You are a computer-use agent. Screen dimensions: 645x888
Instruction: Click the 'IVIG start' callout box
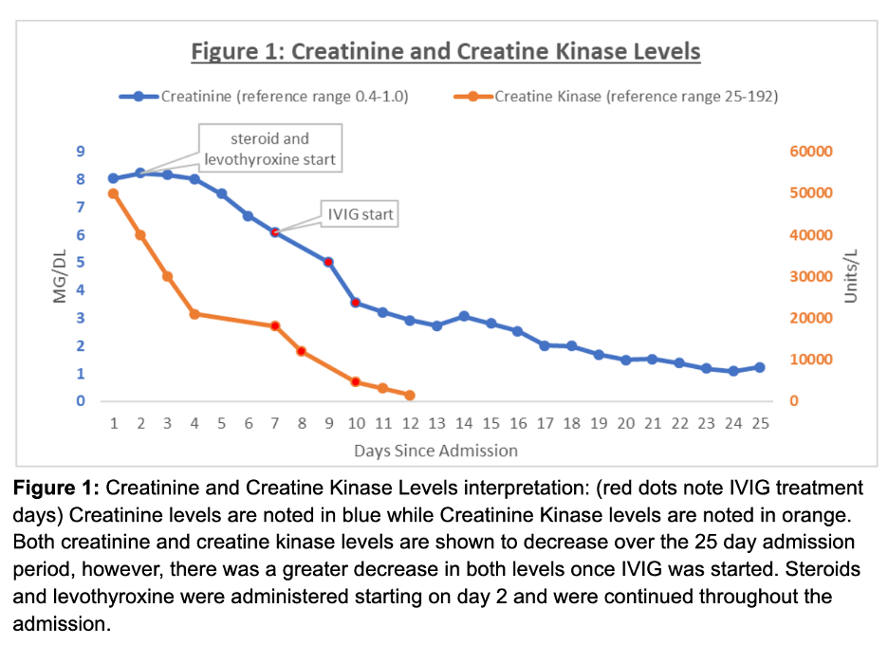pos(361,214)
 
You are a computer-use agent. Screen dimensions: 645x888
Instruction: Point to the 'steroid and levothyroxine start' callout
pos(269,149)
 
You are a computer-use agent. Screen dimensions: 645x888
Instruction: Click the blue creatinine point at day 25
pos(760,367)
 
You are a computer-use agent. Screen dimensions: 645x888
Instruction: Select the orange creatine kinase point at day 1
pos(113,193)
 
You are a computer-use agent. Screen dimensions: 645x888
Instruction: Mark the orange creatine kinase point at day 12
pos(410,396)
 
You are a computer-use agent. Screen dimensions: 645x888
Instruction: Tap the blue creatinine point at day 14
pos(464,316)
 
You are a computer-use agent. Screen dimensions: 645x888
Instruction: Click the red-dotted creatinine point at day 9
pos(328,262)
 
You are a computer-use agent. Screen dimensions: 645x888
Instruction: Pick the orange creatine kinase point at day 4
pos(194,314)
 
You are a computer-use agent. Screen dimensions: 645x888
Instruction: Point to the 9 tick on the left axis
pos(81,152)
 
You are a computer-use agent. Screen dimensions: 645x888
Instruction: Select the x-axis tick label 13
pos(436,423)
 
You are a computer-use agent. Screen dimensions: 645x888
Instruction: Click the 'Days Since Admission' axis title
pos(436,451)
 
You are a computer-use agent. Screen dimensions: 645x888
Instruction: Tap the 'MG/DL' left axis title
pos(60,276)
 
